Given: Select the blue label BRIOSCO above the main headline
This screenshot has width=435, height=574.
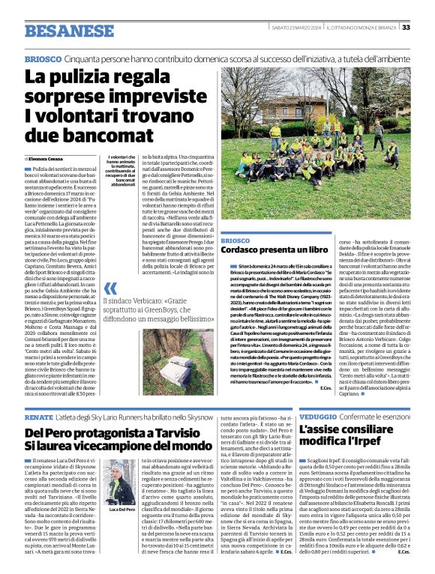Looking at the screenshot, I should point(42,58).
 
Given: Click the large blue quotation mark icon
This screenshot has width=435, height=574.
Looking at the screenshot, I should point(110,288).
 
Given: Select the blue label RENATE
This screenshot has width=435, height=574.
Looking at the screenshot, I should point(38,415).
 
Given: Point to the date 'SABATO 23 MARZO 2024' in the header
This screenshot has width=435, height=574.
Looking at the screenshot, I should point(295,28).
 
